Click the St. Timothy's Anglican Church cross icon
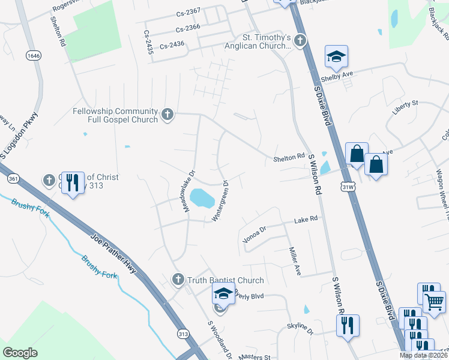300,41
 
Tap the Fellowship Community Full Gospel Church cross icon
167,113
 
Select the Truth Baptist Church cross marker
177,280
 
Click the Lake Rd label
306,221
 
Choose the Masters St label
256,356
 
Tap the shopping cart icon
435,301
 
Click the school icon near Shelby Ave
336,57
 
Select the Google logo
20,353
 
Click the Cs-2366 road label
188,28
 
